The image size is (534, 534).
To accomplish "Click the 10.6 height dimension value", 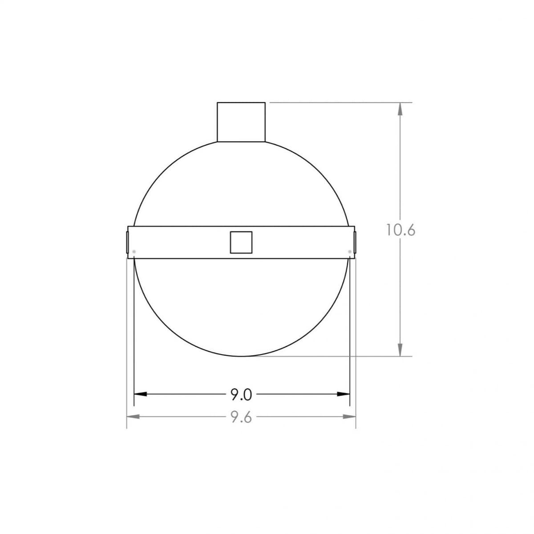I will [x=400, y=230].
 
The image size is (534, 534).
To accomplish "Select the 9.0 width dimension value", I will [x=241, y=394].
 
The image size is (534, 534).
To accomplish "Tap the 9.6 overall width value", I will [x=241, y=417].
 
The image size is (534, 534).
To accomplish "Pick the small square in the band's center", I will [x=241, y=243].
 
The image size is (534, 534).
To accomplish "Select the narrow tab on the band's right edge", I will [x=355, y=242].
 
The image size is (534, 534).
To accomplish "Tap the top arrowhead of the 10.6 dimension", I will [x=400, y=109].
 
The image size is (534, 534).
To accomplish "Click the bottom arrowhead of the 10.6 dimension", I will [x=400, y=350].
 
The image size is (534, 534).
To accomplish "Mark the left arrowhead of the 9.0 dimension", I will [x=141, y=394].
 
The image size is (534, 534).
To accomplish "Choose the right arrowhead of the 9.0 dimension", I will [x=344, y=394].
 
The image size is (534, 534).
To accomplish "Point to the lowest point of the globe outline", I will [x=241, y=356].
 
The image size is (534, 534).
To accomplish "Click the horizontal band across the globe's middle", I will [x=187, y=243].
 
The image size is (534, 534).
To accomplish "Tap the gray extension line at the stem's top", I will [x=338, y=102].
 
